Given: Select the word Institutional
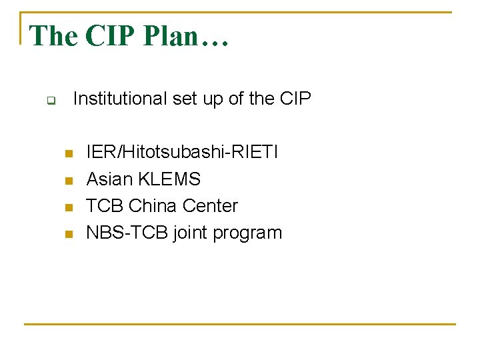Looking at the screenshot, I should coord(119,99).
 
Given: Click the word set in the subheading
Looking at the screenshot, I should coord(185,99).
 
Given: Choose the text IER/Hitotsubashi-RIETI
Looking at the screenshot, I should coord(182,153).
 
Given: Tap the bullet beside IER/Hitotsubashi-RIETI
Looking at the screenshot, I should coord(67,154).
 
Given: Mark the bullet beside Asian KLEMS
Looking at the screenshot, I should coord(67,181).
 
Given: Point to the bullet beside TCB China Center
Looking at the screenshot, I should coord(67,207).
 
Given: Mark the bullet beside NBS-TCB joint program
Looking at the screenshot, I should coord(67,234).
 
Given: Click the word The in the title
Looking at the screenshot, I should coord(54,36).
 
